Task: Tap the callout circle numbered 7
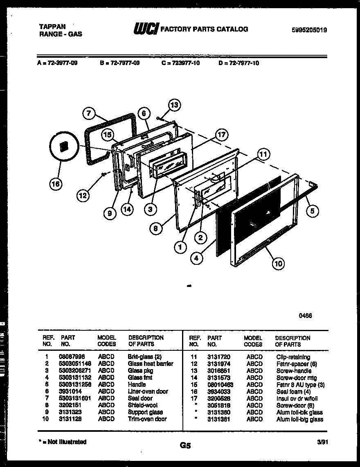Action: [90, 114]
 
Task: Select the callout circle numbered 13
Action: [174, 105]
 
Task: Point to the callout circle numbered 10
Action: [278, 264]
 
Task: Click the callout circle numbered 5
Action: [312, 211]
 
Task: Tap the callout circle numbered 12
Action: [83, 196]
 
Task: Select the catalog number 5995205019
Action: [309, 29]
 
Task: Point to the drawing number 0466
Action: [306, 316]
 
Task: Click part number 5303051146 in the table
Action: [76, 363]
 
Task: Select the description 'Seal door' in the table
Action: [140, 398]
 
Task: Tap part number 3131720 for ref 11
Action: [219, 357]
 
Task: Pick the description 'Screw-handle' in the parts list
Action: [294, 371]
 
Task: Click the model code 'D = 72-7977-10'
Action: [239, 63]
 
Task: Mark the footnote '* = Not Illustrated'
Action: [63, 442]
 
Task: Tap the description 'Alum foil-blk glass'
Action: [299, 412]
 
